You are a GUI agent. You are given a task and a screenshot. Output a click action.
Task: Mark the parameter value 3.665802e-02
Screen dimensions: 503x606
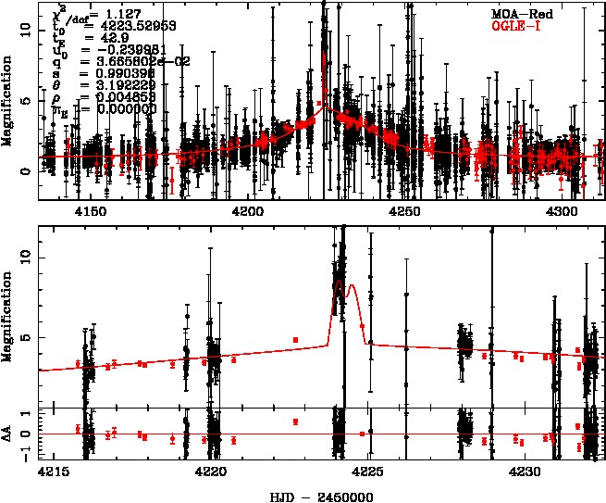click(x=130, y=62)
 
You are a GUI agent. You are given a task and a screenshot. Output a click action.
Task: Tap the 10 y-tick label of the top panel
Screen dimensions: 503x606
click(x=26, y=30)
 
